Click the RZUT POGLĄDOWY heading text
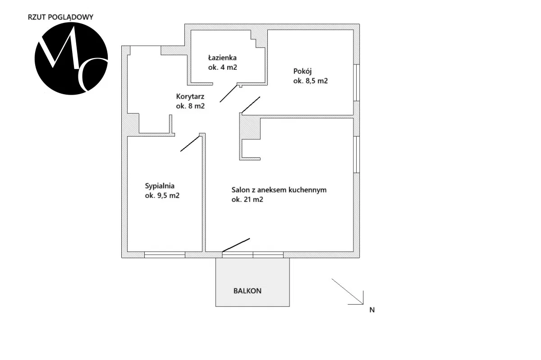pyautogui.click(x=60, y=17)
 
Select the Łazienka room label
pyautogui.click(x=222, y=58)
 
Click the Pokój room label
pyautogui.click(x=303, y=71)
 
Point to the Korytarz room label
pyautogui.click(x=190, y=96)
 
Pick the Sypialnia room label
pyautogui.click(x=160, y=186)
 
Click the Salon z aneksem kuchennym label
pyautogui.click(x=279, y=190)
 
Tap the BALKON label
pyautogui.click(x=247, y=291)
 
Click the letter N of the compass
pyautogui.click(x=371, y=310)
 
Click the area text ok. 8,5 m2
pyautogui.click(x=310, y=81)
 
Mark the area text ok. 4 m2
pyautogui.click(x=222, y=68)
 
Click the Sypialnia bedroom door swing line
pyautogui.click(x=190, y=143)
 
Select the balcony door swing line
pyautogui.click(x=236, y=244)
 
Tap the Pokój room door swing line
pyautogui.click(x=251, y=105)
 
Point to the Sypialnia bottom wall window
pyautogui.click(x=165, y=255)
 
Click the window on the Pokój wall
pyautogui.click(x=357, y=82)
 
